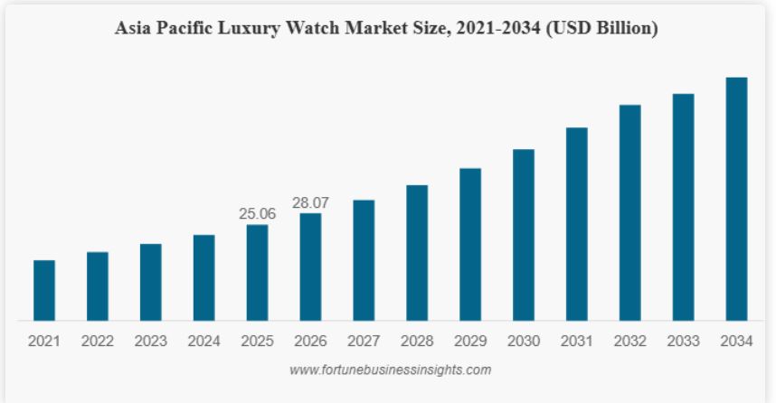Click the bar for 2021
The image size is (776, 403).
coord(44,290)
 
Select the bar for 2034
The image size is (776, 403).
coord(737,199)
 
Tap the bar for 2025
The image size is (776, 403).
coord(258,272)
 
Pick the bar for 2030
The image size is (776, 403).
coord(524,235)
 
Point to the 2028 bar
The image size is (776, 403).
coord(417,252)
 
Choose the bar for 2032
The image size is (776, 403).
coord(630,212)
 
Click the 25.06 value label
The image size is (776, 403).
coord(257,214)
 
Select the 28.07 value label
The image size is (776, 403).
coord(310,203)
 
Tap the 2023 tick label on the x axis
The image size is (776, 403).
coord(150,342)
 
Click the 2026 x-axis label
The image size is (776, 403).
coord(310,342)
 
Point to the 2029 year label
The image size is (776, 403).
coord(470,342)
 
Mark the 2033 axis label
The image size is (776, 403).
coord(684,342)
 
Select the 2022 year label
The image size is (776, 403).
coord(97,342)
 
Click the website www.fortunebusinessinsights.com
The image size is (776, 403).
coord(390,370)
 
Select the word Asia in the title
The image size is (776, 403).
coord(133,29)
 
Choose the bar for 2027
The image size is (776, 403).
coord(364,260)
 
